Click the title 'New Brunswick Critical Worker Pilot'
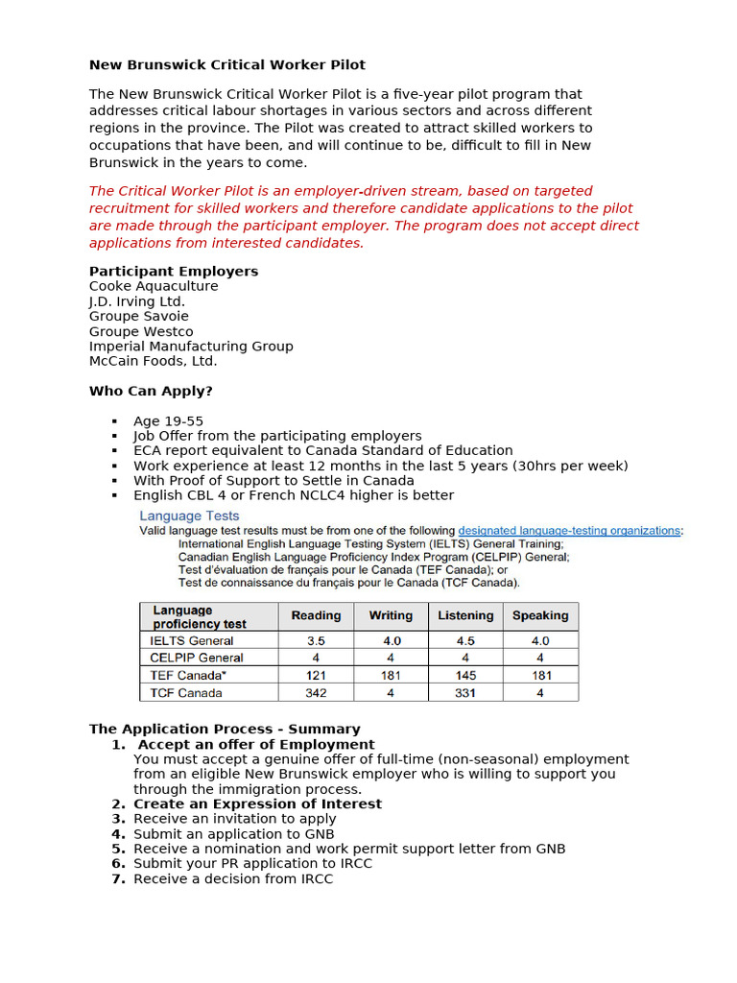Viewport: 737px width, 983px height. (227, 65)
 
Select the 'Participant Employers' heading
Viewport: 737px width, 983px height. (174, 272)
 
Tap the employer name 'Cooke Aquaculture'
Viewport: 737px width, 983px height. (154, 286)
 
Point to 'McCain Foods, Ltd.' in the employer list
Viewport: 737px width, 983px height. (154, 361)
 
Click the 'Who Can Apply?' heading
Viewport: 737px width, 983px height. (151, 392)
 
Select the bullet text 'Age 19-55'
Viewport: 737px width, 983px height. (168, 421)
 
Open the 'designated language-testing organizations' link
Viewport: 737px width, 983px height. (569, 530)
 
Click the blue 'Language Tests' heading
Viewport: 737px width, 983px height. (190, 515)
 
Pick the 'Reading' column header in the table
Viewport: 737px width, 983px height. (316, 615)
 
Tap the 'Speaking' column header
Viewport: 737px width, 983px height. (540, 615)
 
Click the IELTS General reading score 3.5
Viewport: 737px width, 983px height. (316, 640)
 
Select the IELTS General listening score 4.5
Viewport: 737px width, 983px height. (465, 640)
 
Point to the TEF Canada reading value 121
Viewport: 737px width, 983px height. (316, 676)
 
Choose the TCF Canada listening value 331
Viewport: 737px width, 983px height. (465, 693)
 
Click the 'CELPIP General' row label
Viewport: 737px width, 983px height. (197, 658)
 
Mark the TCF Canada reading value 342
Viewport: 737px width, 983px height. (316, 693)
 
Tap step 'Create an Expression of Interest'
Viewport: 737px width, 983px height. (257, 803)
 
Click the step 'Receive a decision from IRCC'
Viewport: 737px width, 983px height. (233, 878)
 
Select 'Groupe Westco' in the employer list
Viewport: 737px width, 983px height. (141, 331)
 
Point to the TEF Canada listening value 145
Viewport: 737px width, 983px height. (465, 676)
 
